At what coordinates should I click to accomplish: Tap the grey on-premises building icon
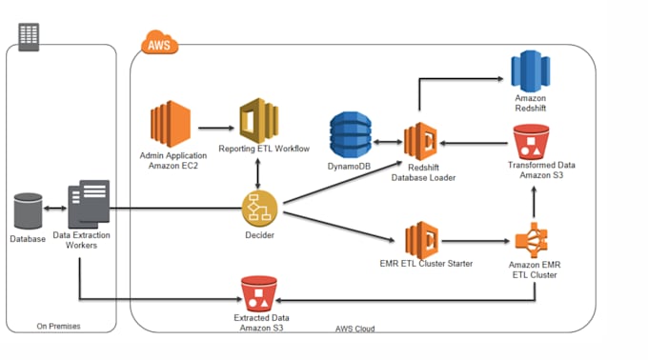coord(30,36)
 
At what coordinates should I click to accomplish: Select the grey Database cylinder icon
coord(29,210)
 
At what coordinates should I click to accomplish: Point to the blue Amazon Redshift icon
coord(530,71)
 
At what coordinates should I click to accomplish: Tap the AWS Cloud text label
coord(354,329)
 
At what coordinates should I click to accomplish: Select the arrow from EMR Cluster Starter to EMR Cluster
coord(476,242)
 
